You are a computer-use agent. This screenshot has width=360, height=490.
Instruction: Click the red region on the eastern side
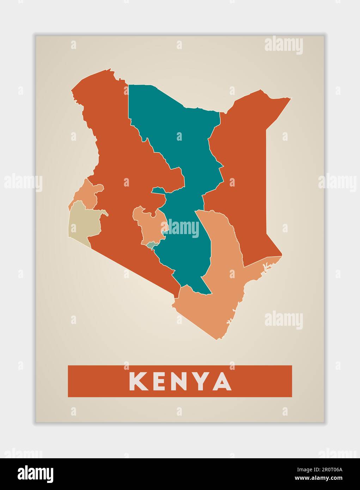(243, 169)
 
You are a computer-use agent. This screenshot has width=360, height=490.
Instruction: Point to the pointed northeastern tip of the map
(290, 98)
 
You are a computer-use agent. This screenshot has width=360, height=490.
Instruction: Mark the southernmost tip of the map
(216, 339)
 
